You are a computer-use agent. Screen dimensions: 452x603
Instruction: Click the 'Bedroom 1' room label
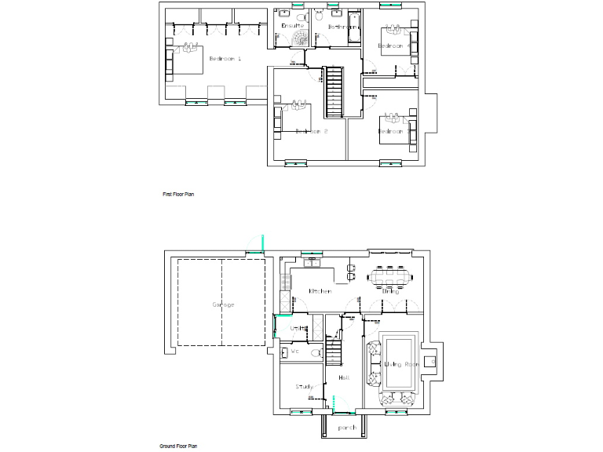click(225, 59)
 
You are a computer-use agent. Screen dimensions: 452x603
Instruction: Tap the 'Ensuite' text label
click(292, 26)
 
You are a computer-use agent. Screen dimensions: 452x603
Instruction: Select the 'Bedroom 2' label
click(311, 131)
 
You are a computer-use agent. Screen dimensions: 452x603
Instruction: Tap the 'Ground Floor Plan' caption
click(178, 446)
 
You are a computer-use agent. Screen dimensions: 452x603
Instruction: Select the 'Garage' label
click(223, 304)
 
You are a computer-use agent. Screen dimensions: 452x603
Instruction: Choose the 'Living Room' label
click(401, 364)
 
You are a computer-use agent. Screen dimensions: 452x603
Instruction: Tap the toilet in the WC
click(316, 354)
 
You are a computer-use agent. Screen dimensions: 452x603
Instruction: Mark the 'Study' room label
click(305, 387)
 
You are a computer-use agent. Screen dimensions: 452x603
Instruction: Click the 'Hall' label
click(343, 378)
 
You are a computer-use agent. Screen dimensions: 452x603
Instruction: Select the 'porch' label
click(347, 428)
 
